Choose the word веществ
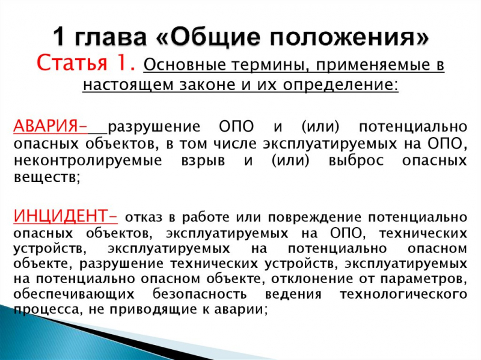tap(45, 178)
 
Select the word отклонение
tap(306, 279)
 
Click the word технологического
tap(403, 294)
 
